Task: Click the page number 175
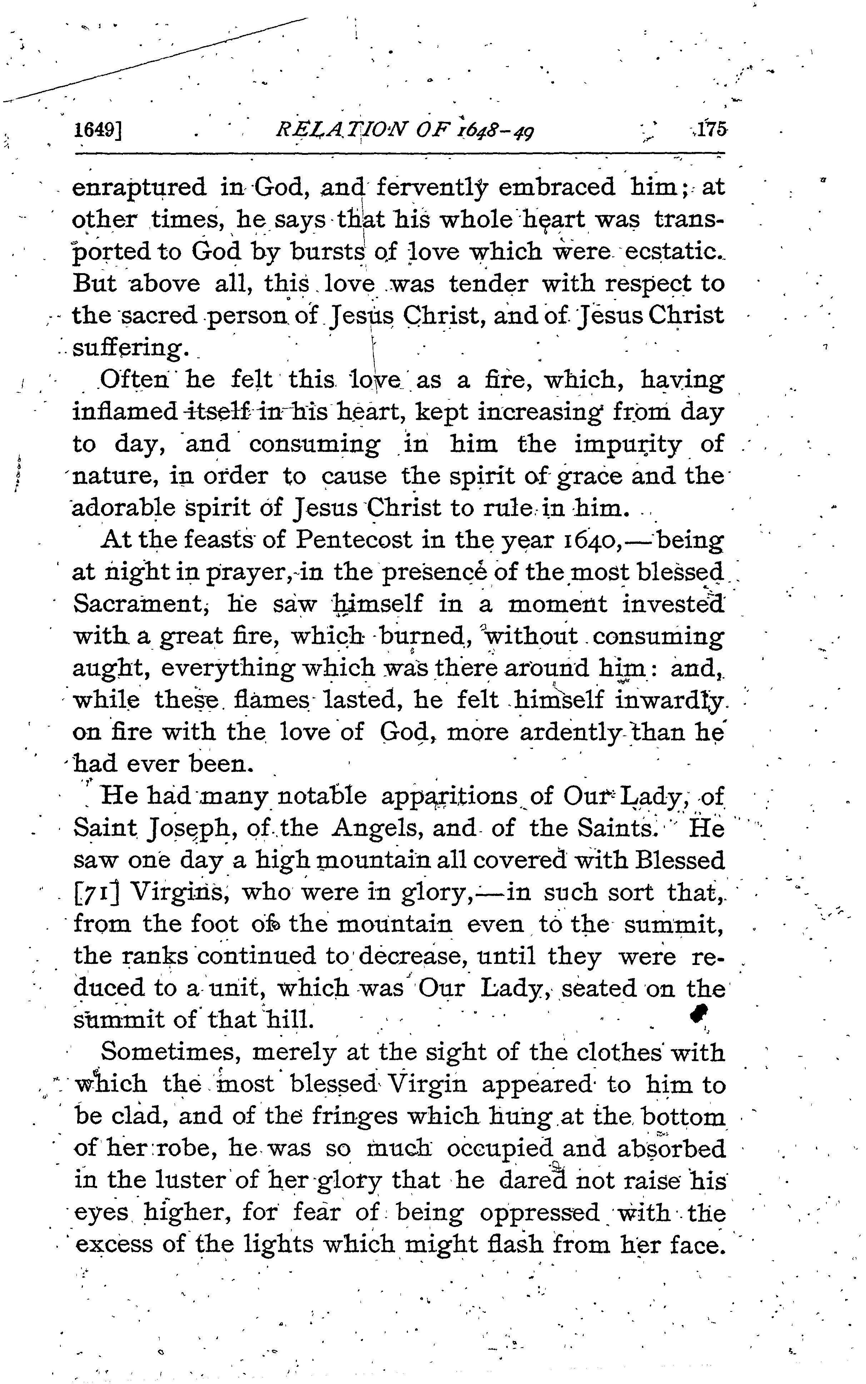coord(710,129)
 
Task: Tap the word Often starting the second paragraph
coord(135,380)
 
